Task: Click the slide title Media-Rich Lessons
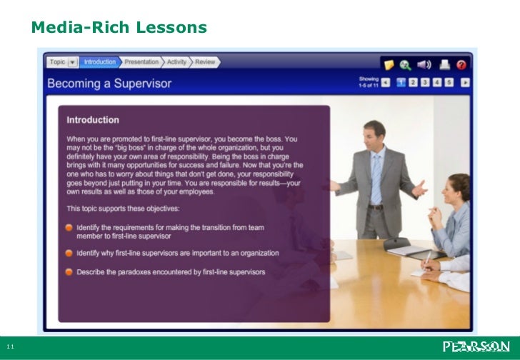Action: point(119,28)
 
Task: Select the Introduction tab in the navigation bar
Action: point(99,62)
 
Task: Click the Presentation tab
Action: point(141,62)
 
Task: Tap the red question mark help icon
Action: point(461,64)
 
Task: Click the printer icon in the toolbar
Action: point(444,64)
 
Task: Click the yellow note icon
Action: point(389,64)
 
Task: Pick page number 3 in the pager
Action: point(425,82)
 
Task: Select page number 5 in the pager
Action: point(449,82)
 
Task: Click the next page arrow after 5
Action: point(464,82)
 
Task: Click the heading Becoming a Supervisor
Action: point(109,84)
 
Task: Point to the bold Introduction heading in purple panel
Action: point(93,120)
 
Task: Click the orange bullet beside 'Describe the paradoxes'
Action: point(69,271)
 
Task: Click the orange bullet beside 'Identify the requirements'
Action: point(69,227)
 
